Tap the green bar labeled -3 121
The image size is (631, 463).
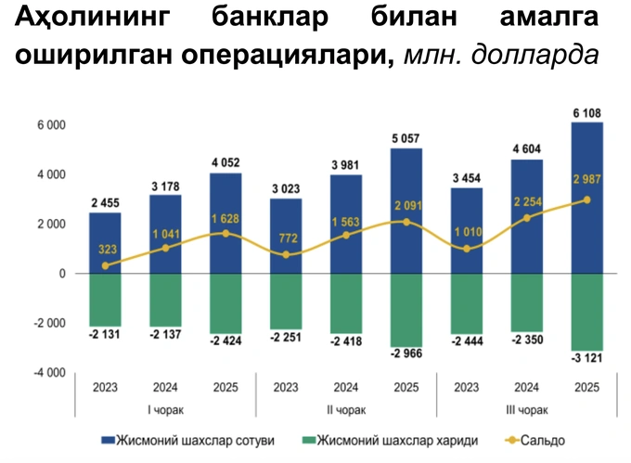587,312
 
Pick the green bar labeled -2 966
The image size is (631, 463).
406,310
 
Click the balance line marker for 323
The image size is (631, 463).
105,265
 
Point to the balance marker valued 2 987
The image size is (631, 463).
587,199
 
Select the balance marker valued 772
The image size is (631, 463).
286,254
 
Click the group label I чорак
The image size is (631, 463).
164,410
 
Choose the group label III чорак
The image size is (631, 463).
527,410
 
